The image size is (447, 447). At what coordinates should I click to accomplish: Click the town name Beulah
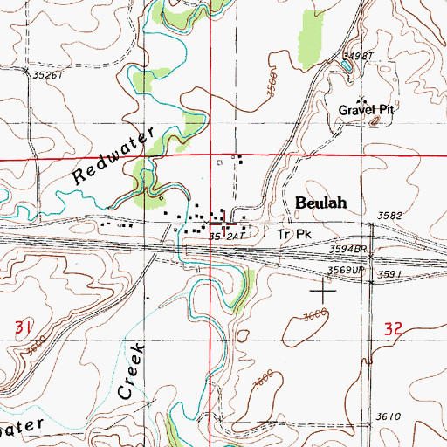(320, 203)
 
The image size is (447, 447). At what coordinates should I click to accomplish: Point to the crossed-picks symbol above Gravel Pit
(361, 100)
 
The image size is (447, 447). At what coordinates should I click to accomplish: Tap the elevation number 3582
(394, 216)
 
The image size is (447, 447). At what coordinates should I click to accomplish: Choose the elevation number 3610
(389, 416)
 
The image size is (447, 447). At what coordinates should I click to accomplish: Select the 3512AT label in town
(223, 236)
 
